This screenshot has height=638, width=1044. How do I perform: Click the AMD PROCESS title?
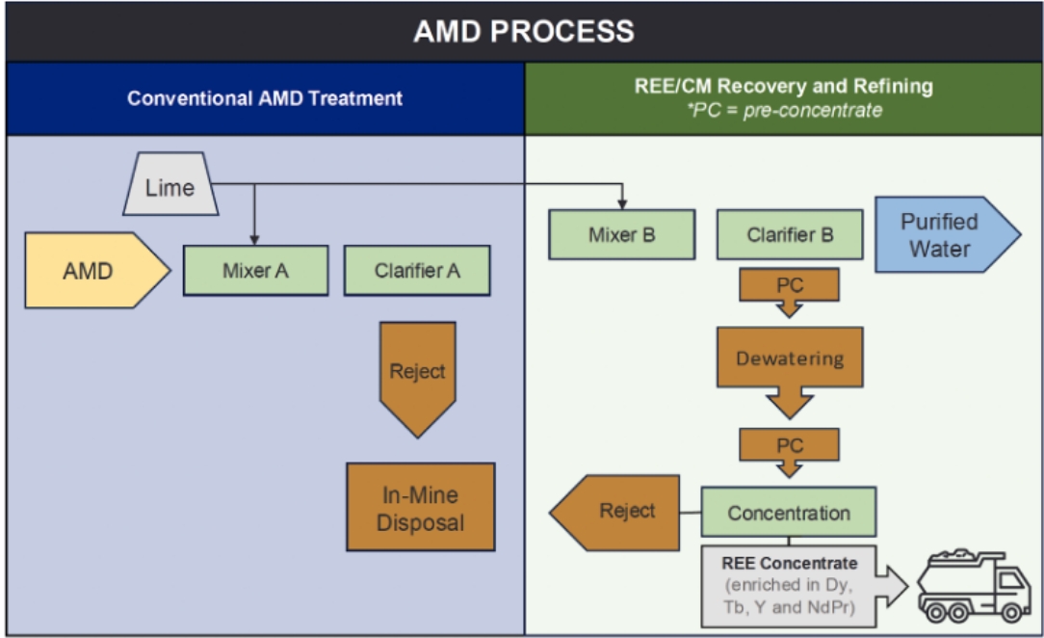coord(523,31)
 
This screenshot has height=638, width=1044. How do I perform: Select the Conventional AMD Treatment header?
coord(265,98)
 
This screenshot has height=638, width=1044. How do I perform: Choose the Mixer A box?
coord(255,271)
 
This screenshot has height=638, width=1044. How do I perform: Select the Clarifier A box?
coord(417,271)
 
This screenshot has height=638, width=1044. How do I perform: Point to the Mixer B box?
coord(621,235)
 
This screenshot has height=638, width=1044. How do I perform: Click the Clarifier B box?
coord(790,235)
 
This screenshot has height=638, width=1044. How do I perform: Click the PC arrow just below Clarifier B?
coord(790,290)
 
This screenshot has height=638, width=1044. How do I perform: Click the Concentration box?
coord(789,512)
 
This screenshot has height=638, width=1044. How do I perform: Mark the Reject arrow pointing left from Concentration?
coord(616,511)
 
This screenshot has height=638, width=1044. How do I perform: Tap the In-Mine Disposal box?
coord(420,508)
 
